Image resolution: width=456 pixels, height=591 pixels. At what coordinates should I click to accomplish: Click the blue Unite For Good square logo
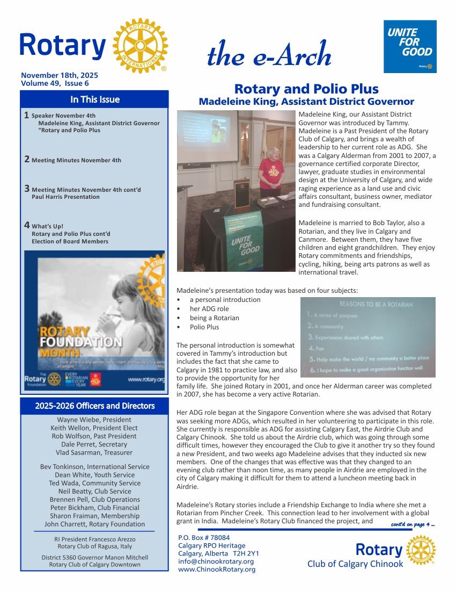[410, 46]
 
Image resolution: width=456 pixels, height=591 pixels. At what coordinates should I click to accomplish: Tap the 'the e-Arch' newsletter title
[268, 54]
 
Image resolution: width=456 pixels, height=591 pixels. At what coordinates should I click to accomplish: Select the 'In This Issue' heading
[94, 99]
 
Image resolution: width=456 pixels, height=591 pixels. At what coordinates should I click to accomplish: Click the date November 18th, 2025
[59, 76]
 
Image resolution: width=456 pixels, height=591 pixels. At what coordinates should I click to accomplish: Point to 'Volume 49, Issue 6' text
[55, 83]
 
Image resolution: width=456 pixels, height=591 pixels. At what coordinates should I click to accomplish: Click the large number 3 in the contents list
[26, 188]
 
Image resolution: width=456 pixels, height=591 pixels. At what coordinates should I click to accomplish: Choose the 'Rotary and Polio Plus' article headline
[306, 89]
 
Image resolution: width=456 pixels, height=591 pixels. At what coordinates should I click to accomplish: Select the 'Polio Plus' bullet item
[204, 327]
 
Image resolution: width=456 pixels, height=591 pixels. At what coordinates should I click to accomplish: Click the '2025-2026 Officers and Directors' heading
[94, 406]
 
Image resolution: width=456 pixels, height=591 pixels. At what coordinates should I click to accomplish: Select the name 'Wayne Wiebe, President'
[94, 420]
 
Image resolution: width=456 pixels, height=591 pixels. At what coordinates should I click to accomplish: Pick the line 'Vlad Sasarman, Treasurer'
[94, 452]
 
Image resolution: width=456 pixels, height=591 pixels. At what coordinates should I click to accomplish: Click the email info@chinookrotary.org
[216, 561]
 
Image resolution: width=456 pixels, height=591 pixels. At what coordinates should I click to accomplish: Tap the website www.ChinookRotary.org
[217, 569]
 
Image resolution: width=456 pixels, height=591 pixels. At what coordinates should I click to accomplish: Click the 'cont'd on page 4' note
[413, 524]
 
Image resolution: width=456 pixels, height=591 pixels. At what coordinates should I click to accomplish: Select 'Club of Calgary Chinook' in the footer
[355, 564]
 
